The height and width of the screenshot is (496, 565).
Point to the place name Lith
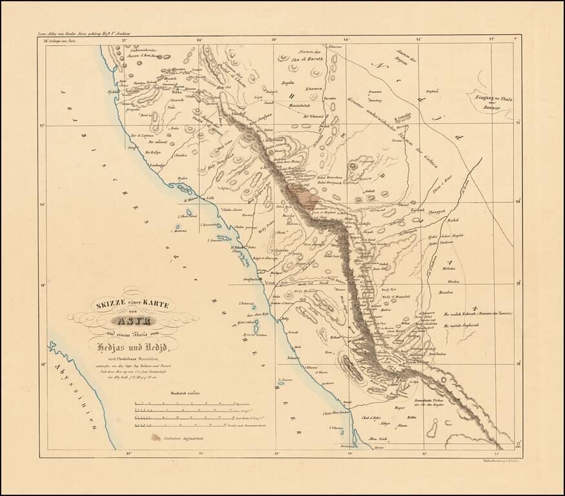(210, 198)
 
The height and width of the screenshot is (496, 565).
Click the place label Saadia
(181, 156)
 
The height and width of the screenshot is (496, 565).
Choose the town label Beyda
(288, 83)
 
